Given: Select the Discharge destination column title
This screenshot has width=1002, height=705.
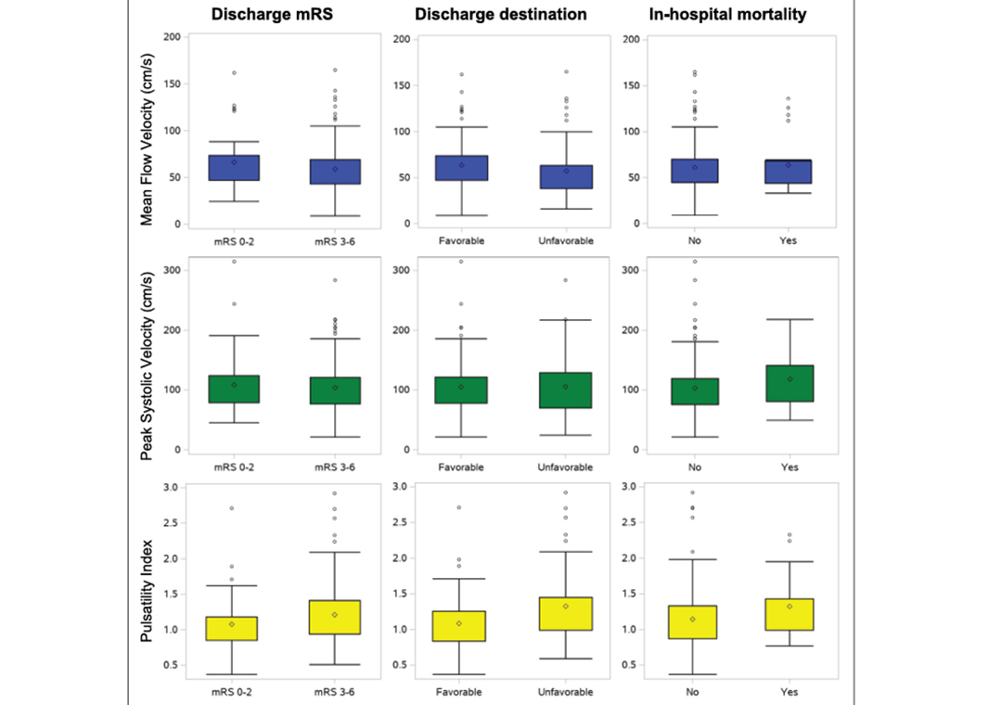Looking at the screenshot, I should click(x=500, y=14).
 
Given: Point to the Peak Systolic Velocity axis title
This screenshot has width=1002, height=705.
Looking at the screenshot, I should click(x=147, y=357).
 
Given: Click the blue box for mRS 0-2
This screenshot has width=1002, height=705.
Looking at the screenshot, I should click(x=234, y=168).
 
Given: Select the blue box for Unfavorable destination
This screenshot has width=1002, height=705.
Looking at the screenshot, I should click(x=566, y=177).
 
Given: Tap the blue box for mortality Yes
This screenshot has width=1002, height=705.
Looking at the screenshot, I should click(x=789, y=172).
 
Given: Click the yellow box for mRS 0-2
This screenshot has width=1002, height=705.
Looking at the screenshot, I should click(x=234, y=628).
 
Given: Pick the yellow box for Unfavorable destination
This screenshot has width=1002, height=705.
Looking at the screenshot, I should click(x=566, y=613).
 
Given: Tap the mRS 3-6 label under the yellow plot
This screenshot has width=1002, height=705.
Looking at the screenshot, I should click(x=336, y=692).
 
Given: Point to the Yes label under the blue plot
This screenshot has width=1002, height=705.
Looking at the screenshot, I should click(x=789, y=240).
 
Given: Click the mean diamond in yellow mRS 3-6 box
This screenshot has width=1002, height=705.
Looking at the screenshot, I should click(x=336, y=614).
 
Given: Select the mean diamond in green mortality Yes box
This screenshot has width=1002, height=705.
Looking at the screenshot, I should click(x=789, y=378).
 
